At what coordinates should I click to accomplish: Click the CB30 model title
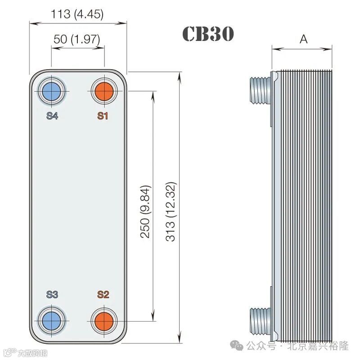208,34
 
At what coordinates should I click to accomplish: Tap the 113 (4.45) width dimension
77,14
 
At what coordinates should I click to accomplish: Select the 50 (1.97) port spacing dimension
77,39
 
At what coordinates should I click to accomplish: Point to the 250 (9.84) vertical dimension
145,211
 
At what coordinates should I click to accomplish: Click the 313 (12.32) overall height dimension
171,211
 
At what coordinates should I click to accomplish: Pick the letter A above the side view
303,39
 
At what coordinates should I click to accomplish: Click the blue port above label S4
52,91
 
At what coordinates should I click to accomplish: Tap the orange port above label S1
104,91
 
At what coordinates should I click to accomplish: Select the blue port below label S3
52,321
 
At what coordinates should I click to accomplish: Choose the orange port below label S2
104,321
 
